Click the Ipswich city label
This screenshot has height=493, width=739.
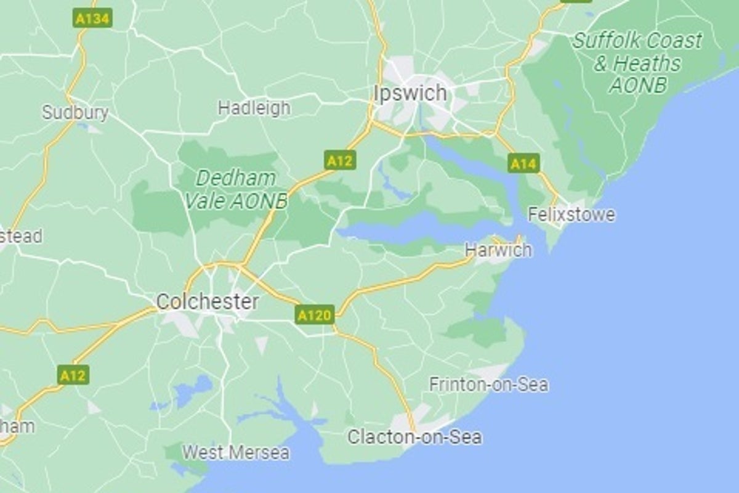(410, 94)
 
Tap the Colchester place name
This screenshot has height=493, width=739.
(207, 302)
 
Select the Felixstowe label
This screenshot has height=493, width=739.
(571, 214)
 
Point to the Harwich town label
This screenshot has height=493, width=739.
(498, 250)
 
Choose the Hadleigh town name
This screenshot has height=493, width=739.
(254, 108)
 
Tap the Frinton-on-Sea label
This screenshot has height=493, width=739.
(488, 385)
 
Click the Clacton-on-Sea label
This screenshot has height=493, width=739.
(414, 438)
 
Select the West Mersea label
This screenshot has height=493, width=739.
(235, 453)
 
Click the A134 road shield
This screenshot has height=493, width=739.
(92, 19)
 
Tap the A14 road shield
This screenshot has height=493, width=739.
(523, 164)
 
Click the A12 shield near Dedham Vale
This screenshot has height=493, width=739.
(339, 161)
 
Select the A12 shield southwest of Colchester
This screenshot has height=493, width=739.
(73, 375)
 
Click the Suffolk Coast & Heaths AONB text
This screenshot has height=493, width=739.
(637, 63)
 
